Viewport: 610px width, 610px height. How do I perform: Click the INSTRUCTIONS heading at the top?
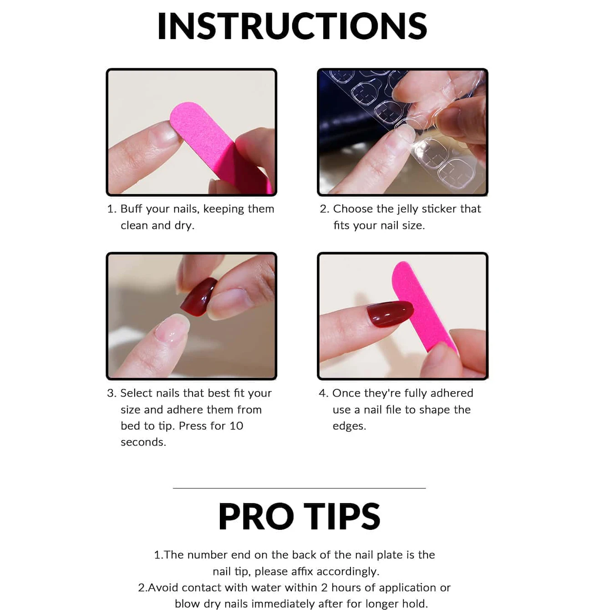(292, 26)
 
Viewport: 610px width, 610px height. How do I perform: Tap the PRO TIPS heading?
(299, 517)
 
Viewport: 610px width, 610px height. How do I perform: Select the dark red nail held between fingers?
(199, 296)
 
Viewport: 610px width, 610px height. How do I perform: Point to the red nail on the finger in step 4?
(390, 314)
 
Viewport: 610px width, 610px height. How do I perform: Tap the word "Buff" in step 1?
(131, 209)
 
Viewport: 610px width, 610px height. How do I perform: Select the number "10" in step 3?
(236, 426)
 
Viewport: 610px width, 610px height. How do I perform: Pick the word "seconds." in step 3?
(143, 442)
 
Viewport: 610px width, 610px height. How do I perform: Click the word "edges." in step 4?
(349, 426)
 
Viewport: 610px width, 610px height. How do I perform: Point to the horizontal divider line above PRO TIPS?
(299, 488)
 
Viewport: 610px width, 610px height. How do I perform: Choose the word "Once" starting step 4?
(346, 393)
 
